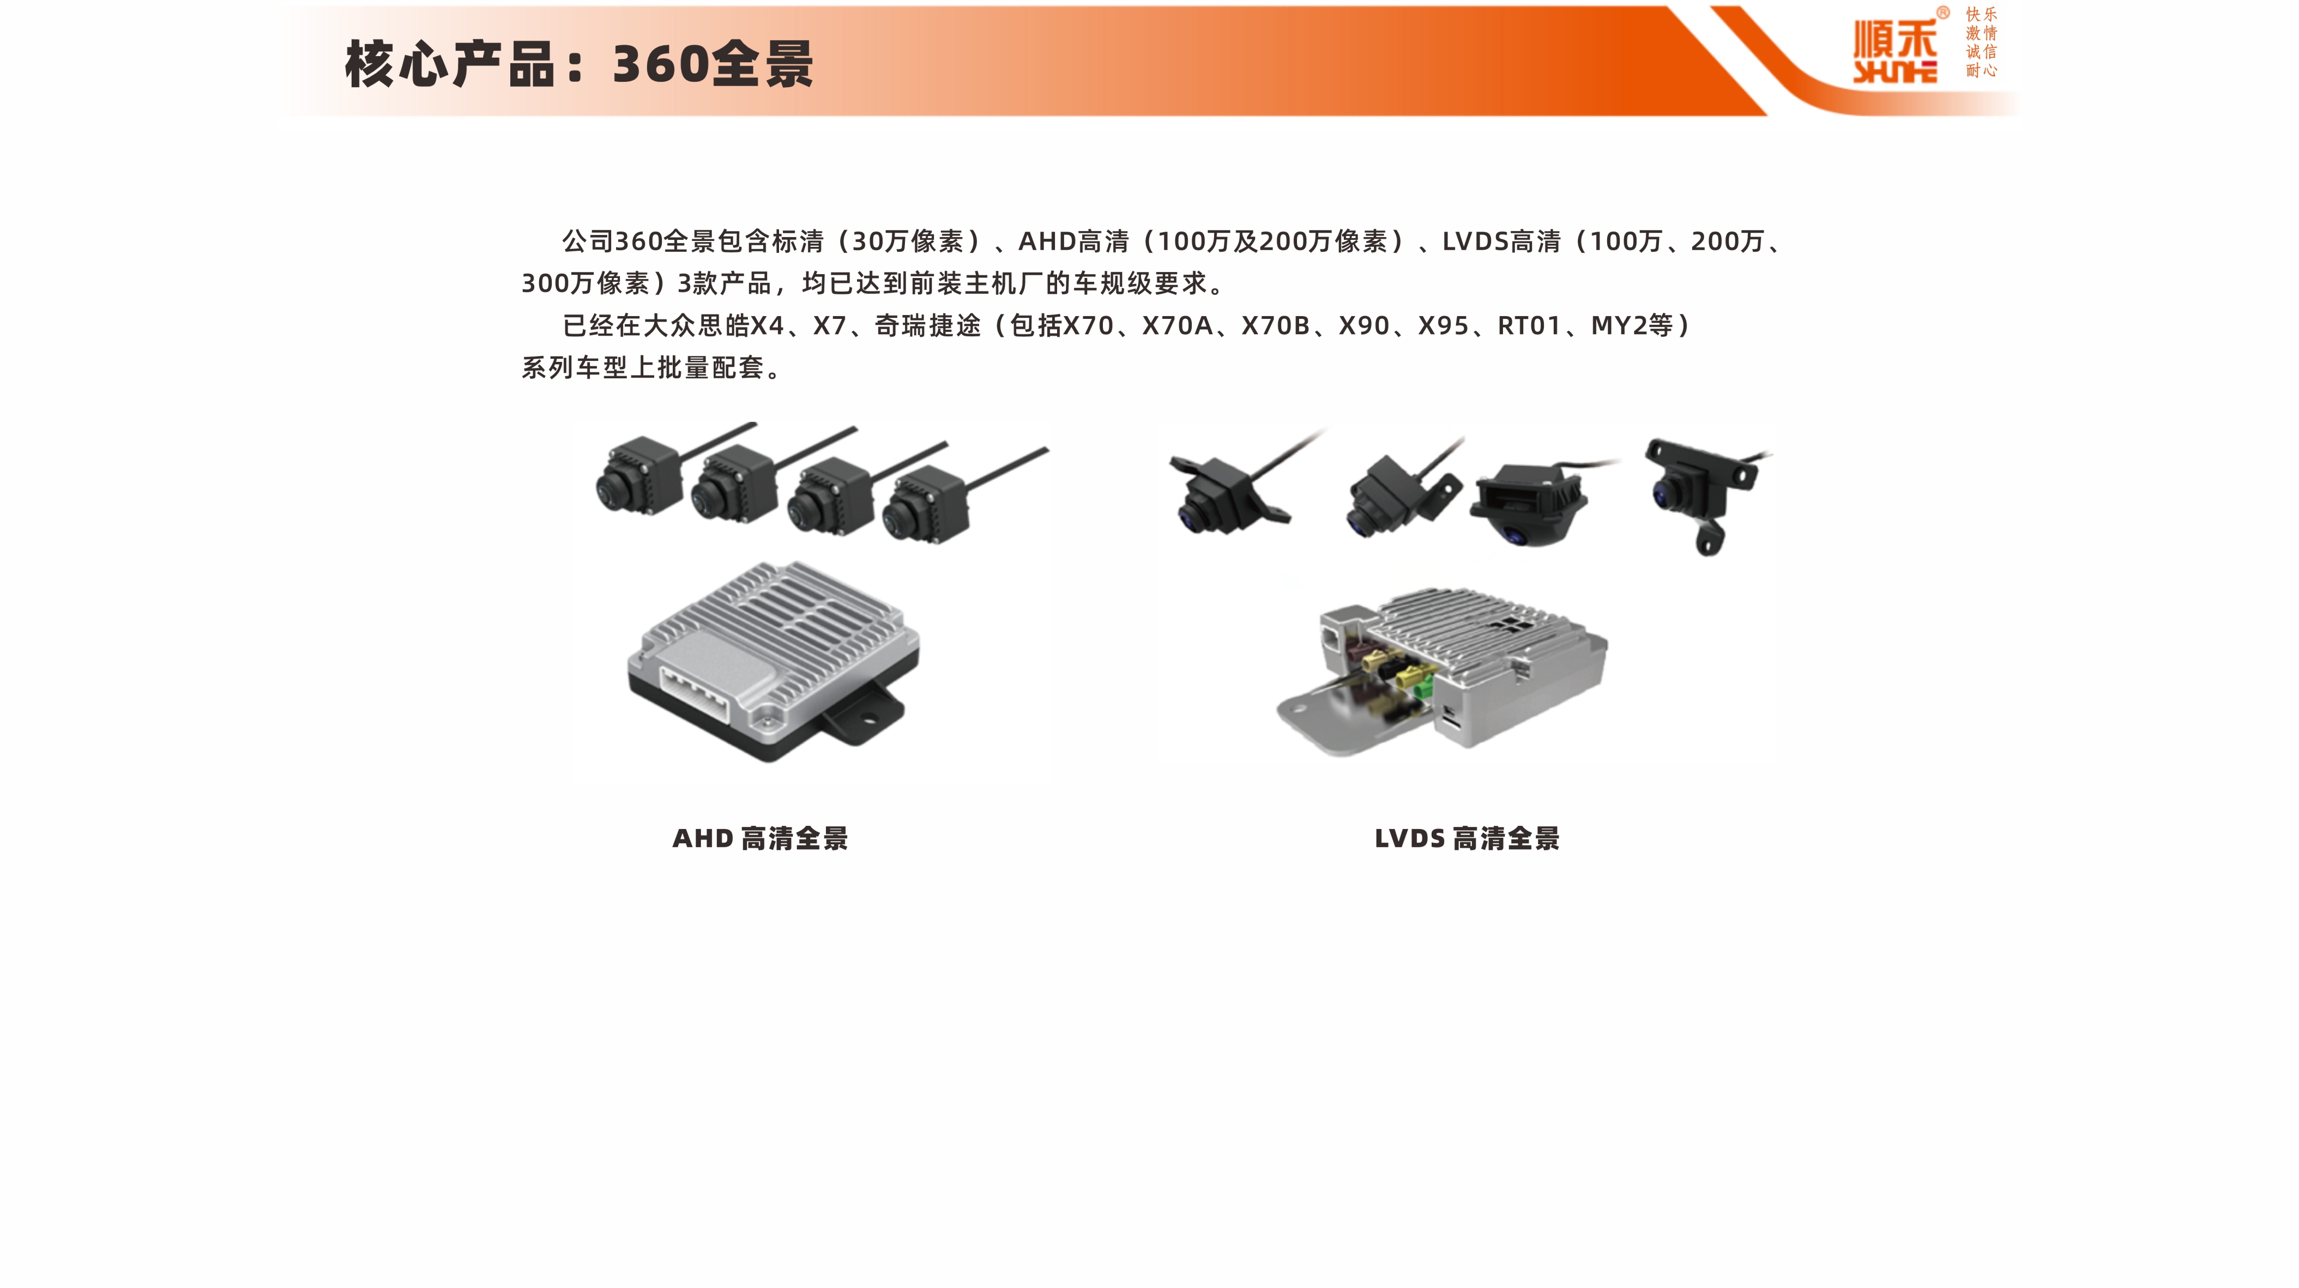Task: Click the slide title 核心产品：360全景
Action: click(578, 64)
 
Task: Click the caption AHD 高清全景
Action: click(759, 838)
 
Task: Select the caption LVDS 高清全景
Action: click(1467, 838)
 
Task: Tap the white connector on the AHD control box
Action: click(693, 694)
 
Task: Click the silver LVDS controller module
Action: click(1441, 669)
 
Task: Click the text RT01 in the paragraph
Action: click(1529, 326)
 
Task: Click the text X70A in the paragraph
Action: click(1177, 326)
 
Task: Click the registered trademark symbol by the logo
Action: click(1943, 13)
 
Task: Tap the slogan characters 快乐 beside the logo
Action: click(1981, 14)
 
